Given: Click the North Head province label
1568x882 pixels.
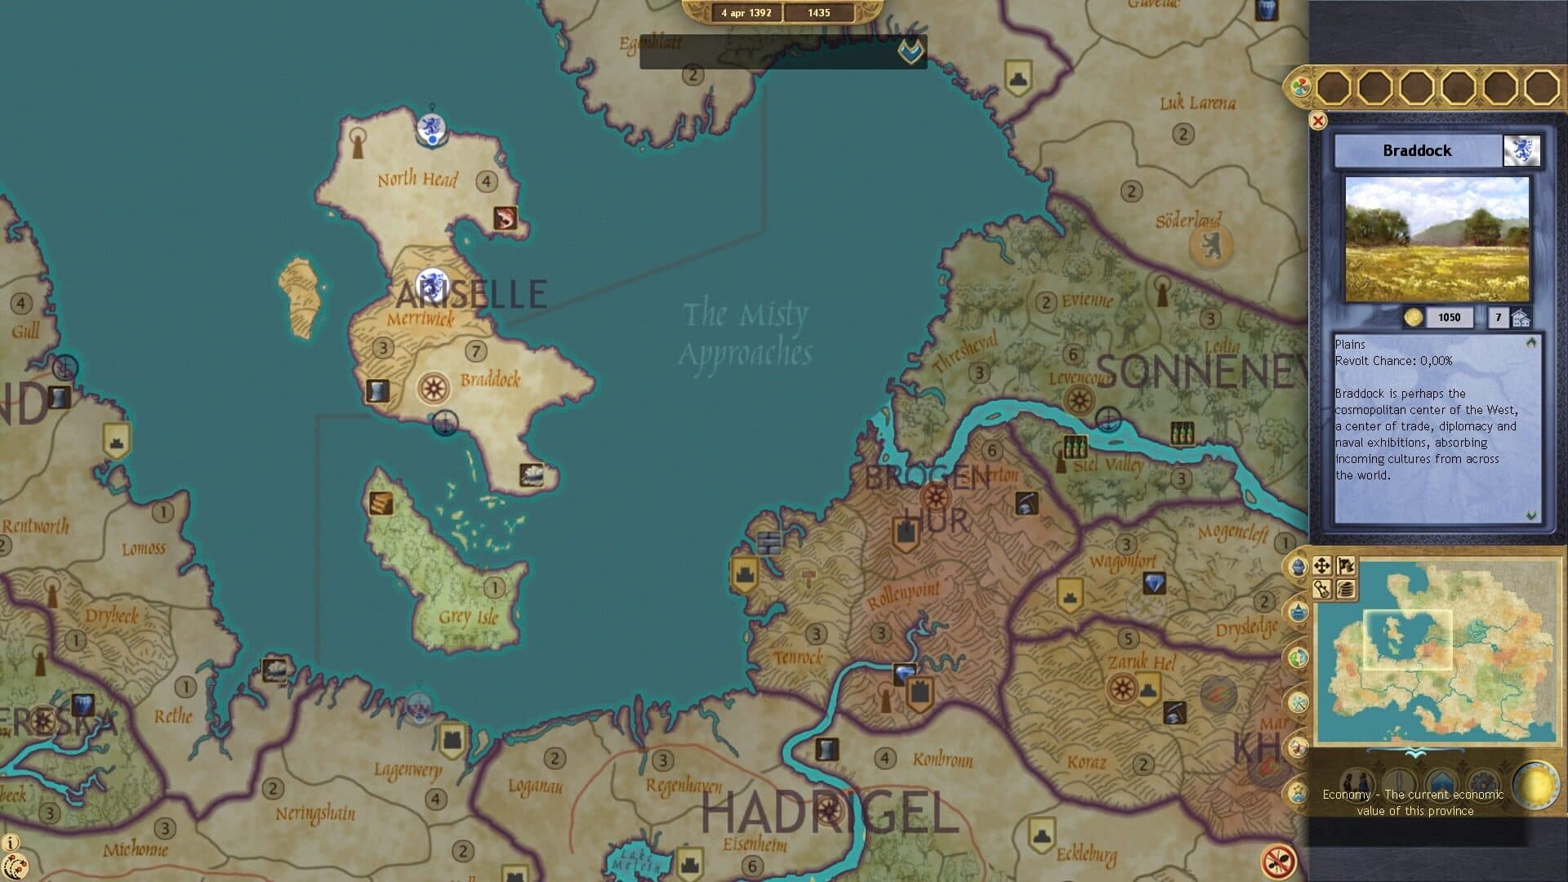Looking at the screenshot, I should [417, 179].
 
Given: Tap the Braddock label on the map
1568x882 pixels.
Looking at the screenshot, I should [490, 380].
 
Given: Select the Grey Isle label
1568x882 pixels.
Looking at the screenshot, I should [468, 617].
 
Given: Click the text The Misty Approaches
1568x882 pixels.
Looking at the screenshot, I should [745, 333].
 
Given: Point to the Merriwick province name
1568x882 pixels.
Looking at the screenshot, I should [420, 318].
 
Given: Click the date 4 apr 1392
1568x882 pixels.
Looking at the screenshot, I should [746, 13].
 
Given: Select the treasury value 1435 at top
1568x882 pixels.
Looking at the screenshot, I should [818, 13].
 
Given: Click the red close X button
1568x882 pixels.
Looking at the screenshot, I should [1317, 121].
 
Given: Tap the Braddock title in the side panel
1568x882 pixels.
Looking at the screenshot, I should [1417, 151].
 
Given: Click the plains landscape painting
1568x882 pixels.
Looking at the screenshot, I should [1437, 239].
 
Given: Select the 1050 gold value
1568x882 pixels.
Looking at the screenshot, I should [1449, 318].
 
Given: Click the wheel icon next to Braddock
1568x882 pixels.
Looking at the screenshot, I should [433, 388].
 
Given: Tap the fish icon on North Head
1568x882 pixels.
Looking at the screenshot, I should [505, 218].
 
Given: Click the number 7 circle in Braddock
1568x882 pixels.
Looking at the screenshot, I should [475, 351].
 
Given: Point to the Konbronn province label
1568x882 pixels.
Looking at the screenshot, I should [942, 760].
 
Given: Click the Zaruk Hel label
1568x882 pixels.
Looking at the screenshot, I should [1141, 662].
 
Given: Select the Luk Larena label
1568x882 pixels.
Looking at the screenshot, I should [1197, 103].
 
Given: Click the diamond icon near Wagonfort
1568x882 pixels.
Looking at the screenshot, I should [1153, 583].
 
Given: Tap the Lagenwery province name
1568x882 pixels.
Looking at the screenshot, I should [408, 769].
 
